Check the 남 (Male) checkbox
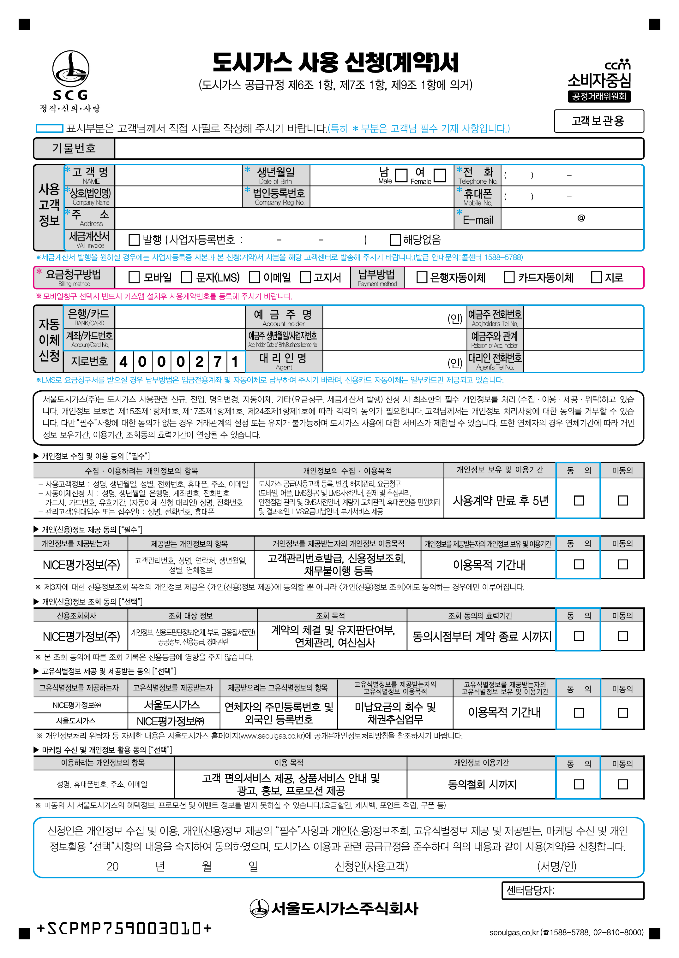(401, 175)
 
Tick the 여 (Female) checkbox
(439, 175)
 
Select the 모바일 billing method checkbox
(134, 277)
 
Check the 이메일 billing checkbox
(254, 277)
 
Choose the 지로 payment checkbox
(596, 277)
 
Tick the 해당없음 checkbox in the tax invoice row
(395, 240)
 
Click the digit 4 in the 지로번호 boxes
(123, 361)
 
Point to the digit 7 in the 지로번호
(217, 361)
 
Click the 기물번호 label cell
(74, 149)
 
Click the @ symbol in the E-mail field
(581, 218)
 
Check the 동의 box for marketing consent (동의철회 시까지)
(579, 784)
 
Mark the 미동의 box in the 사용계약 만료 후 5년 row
(622, 500)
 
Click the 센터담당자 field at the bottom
(573, 890)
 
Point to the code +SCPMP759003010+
(124, 928)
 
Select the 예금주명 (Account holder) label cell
(284, 317)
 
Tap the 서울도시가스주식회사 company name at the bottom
(334, 908)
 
